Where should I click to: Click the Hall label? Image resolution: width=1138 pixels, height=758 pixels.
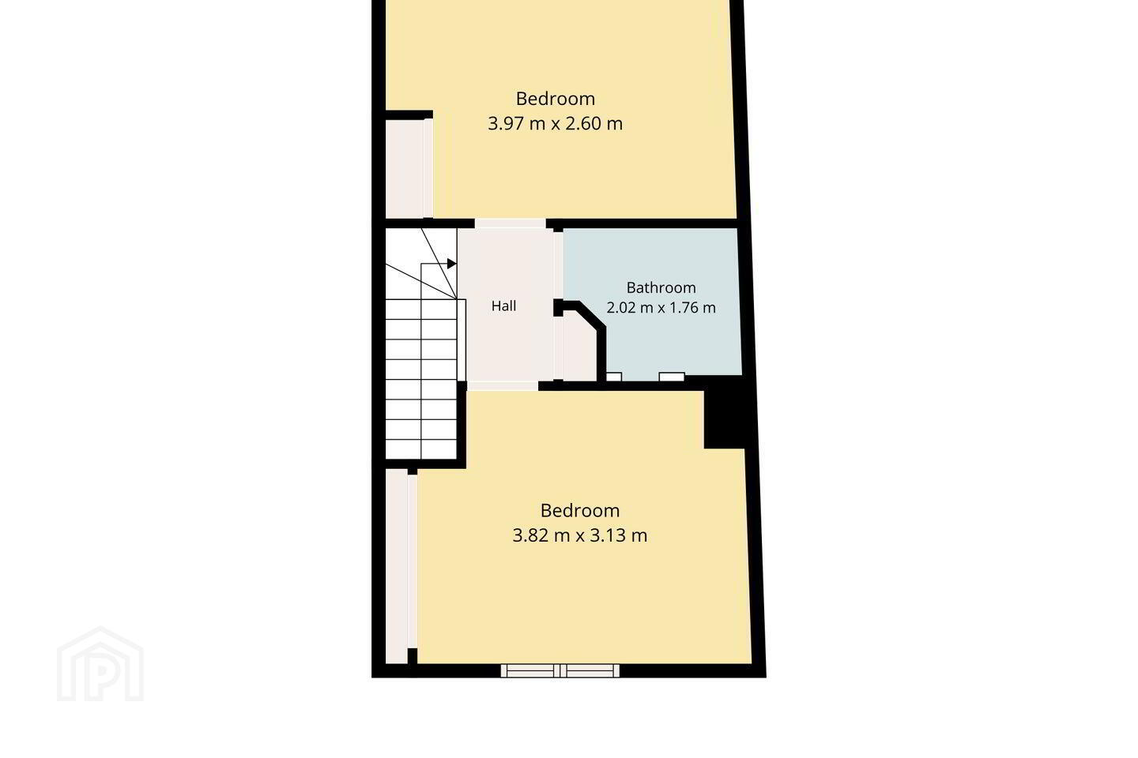(x=503, y=306)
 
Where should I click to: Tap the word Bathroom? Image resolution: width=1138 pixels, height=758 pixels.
(x=661, y=288)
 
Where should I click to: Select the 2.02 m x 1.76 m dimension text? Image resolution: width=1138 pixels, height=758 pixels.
(x=661, y=308)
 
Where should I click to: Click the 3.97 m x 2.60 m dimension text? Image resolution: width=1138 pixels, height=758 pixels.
(x=556, y=123)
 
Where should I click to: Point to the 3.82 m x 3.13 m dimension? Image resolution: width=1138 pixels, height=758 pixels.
(x=580, y=535)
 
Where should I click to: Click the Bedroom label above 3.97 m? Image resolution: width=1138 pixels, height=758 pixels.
(x=556, y=99)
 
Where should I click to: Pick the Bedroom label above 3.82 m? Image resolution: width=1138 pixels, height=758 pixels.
(x=580, y=510)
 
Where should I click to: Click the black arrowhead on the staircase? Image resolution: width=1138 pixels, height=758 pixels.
(x=451, y=264)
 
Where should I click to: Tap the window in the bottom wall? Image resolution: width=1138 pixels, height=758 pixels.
(x=560, y=670)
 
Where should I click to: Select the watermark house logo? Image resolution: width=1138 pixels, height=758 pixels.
(x=100, y=664)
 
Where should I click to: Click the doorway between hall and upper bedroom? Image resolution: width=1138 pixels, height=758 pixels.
(x=510, y=223)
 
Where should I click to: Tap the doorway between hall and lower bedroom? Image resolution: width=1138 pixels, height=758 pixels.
(x=503, y=386)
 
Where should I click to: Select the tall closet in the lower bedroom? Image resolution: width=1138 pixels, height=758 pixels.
(x=401, y=566)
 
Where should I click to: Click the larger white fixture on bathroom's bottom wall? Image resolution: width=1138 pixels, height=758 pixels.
(x=672, y=377)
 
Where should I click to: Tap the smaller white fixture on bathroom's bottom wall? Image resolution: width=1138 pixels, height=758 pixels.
(x=614, y=377)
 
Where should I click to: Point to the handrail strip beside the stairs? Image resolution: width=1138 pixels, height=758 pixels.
(x=462, y=340)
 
